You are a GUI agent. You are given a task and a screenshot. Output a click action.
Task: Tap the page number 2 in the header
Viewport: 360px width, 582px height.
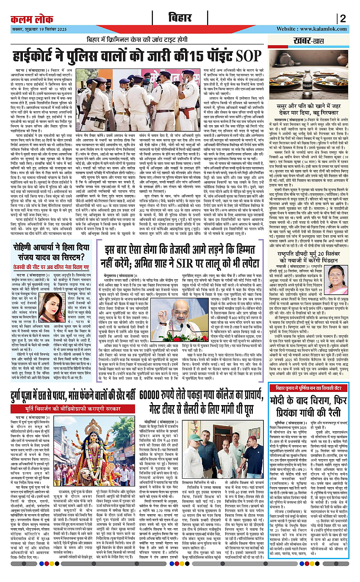[343, 19]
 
